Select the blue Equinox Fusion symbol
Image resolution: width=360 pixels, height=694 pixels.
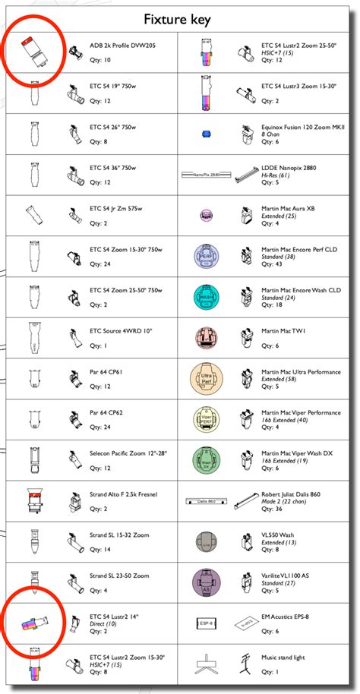[x=204, y=134]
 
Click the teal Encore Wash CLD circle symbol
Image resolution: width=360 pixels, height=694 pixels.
[x=204, y=295]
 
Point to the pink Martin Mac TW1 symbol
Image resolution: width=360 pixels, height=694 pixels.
[x=204, y=336]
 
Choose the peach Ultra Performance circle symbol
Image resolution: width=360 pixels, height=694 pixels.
[x=204, y=377]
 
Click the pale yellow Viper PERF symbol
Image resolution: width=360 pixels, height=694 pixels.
[x=204, y=418]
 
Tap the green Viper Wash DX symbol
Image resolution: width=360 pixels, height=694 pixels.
[x=204, y=459]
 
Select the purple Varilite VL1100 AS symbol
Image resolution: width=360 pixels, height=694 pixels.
[x=204, y=582]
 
